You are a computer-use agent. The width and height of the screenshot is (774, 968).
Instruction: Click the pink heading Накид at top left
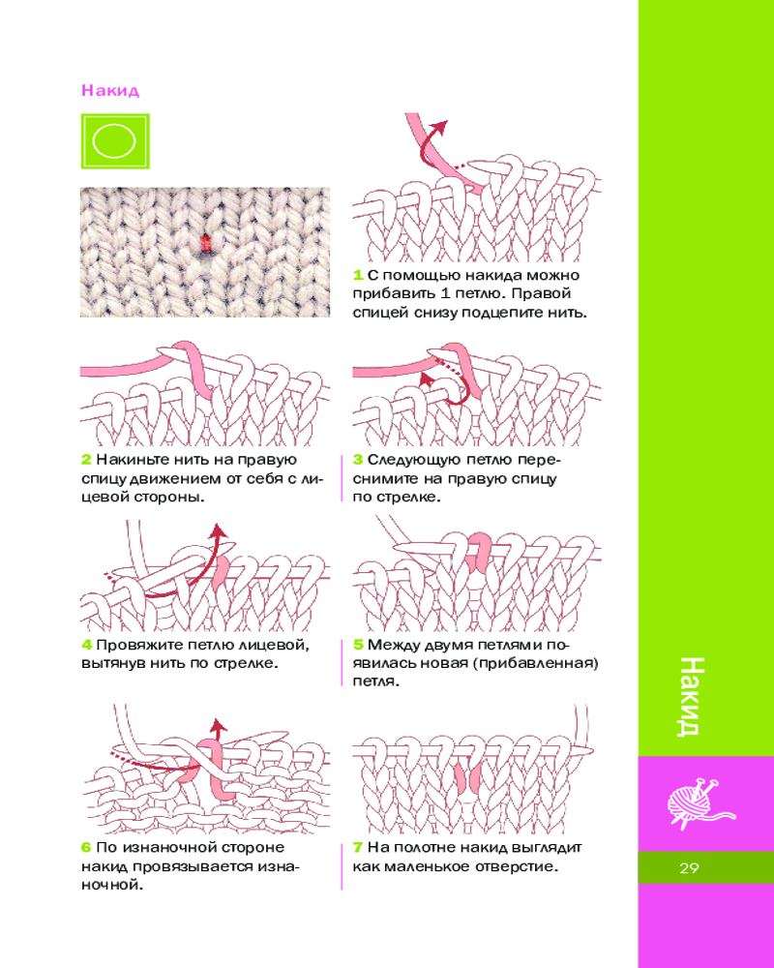coord(110,91)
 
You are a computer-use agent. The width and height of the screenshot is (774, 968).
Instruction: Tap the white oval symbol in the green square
coord(114,140)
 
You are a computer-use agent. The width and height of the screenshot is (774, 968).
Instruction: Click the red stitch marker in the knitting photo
coord(206,243)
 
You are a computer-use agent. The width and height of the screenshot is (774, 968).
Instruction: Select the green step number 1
coord(357,275)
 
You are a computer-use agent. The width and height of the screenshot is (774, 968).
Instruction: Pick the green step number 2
coord(86,460)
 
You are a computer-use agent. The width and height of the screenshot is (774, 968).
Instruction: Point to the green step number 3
coord(357,460)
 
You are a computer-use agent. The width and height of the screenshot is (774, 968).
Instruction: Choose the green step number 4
coord(86,645)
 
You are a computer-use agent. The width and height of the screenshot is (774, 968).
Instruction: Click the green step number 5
coord(358,645)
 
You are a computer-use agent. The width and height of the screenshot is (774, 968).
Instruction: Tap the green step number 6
coord(86,848)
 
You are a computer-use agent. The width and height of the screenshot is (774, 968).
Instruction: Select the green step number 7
coord(357,848)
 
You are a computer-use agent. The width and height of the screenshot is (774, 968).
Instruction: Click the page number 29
coord(689,868)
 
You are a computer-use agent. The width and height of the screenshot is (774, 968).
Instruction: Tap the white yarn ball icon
coord(700,802)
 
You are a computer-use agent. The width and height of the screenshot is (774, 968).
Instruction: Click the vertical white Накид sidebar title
coord(690,696)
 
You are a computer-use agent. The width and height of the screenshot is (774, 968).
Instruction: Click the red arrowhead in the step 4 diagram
coord(218,531)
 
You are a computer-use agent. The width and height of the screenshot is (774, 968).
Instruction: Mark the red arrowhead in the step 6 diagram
coord(217,726)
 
